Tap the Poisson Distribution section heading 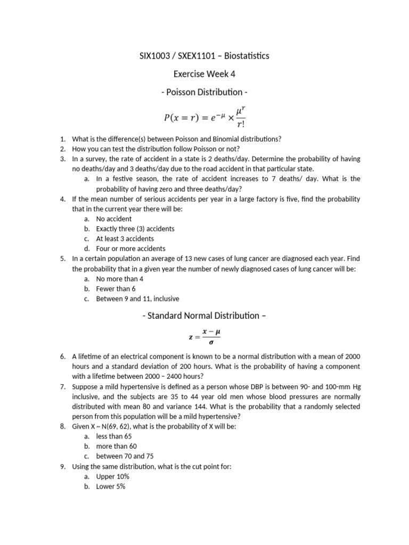(x=204, y=92)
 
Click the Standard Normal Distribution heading (x=204, y=316)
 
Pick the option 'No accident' (x=113, y=219)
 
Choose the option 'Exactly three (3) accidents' (x=135, y=229)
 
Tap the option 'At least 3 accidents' (x=125, y=238)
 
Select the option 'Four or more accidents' (x=130, y=249)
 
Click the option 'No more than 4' (x=119, y=278)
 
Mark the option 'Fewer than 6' (x=116, y=288)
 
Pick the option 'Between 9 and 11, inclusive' (x=137, y=299)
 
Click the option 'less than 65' (x=113, y=436)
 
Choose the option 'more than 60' (x=115, y=446)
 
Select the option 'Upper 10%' (x=112, y=476)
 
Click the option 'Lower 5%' (x=110, y=486)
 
